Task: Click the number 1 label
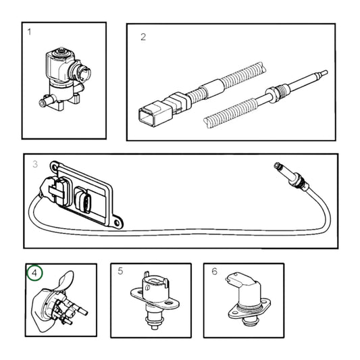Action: click(x=30, y=32)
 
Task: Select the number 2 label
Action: click(x=143, y=37)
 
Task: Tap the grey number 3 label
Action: click(x=35, y=163)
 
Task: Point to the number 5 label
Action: click(x=120, y=272)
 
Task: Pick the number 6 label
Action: click(x=214, y=272)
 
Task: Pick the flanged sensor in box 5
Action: click(x=152, y=297)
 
